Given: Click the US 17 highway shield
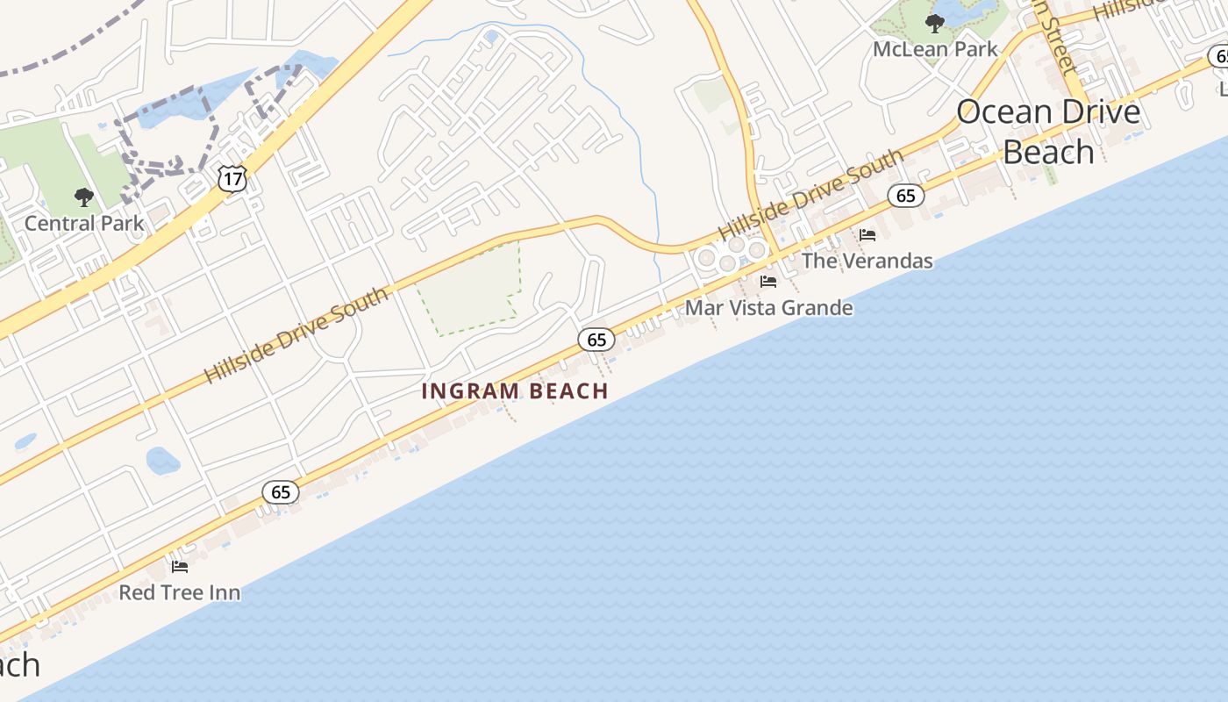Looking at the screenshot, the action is click(233, 179).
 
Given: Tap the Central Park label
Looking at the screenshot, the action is click(84, 223).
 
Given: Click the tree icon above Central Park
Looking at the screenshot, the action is click(84, 197).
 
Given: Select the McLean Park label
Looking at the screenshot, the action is click(935, 49).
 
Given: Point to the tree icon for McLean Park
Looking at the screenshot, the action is click(935, 23).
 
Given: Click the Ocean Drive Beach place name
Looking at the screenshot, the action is click(1048, 132).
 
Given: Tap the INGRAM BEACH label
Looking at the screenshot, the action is click(515, 391).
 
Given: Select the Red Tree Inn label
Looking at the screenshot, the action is click(180, 592).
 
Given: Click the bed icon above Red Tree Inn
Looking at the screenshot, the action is click(180, 566).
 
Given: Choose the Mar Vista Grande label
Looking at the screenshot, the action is click(768, 308).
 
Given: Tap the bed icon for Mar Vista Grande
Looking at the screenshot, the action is click(768, 282).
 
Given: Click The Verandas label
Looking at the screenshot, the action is click(867, 261).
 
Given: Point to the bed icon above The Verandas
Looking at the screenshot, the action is click(867, 234).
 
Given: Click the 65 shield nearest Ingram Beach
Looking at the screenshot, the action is click(596, 340).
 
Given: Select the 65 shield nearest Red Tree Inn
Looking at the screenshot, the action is click(281, 492).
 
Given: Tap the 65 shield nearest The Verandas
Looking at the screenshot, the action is click(906, 195).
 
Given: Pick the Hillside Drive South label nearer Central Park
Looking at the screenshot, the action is click(296, 335).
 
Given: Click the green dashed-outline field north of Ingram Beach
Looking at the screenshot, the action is click(469, 290).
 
